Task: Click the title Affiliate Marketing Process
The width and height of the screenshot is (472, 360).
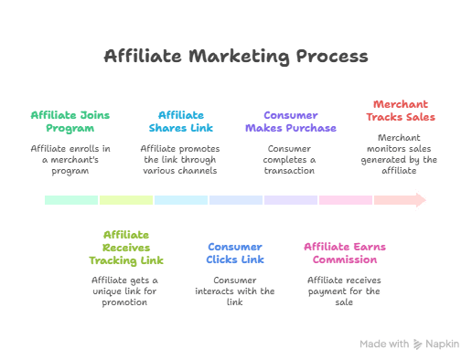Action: [x=236, y=58]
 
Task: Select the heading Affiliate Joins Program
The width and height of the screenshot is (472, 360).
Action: [x=71, y=122]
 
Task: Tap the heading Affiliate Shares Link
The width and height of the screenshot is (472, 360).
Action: [x=181, y=122]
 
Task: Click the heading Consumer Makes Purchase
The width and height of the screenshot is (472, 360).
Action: [x=291, y=122]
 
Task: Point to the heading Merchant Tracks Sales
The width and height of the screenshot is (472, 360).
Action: [x=401, y=110]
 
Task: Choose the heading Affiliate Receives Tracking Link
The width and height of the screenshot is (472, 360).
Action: [x=126, y=247]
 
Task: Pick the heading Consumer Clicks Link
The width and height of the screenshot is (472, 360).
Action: [x=235, y=253]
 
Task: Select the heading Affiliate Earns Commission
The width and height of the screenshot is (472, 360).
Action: [x=346, y=253]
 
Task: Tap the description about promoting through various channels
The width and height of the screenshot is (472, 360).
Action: [x=181, y=159]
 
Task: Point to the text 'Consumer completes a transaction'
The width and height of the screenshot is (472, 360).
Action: [x=291, y=159]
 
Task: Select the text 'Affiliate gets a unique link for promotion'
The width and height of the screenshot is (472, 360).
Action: [x=126, y=290]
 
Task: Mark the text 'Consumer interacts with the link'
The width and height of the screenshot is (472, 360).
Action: [x=235, y=290]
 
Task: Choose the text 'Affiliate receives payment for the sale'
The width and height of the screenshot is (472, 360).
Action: [x=346, y=290]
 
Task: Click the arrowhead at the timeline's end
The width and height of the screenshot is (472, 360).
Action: [x=420, y=200]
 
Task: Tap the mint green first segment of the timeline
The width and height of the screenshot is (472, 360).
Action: [x=71, y=200]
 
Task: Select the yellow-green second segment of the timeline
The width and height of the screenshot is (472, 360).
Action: [x=126, y=200]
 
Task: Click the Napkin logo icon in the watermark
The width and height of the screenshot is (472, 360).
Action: [x=419, y=344]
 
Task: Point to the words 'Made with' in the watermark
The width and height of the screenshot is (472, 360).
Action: [x=384, y=344]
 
